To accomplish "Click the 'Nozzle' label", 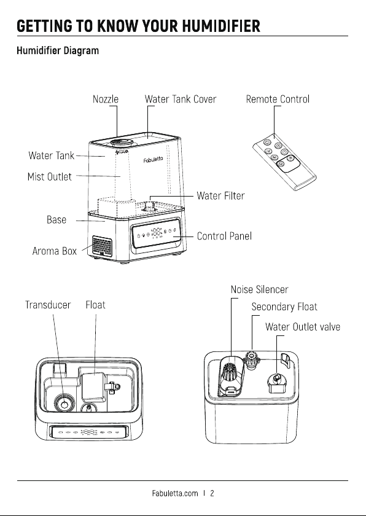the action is pos(106,99).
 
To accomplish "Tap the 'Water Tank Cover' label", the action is pos(181,99).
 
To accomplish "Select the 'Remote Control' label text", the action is pos(278,99).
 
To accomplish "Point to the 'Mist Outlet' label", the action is pos(50,177).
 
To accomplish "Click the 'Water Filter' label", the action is pos(220,196).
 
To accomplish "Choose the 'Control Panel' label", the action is pos(224,236).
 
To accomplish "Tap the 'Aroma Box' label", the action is pos(55,251).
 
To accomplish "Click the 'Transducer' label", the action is pos(48,305).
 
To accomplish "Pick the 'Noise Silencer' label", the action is pos(260,289).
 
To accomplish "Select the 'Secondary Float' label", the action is pos(284,307).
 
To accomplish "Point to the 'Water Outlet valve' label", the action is pos(303,327).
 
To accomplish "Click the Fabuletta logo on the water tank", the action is pos(153,160).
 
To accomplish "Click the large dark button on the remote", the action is pos(288,163).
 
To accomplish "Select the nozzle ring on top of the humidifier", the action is pos(122,143).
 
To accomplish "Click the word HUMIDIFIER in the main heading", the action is pos(221,26).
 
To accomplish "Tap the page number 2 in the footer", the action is pos(212,493).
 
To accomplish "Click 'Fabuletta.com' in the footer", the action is pos(175,493).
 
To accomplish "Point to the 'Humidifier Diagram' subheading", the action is pos(58,50).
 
